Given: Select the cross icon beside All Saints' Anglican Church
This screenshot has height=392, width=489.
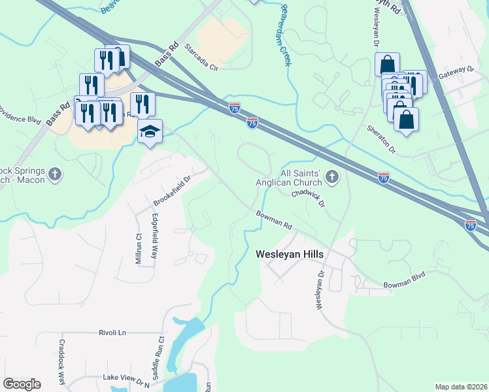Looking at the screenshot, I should click(333, 176).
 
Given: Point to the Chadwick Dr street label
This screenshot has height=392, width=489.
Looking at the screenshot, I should click(309, 197).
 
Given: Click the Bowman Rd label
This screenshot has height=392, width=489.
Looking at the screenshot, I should click(274, 219).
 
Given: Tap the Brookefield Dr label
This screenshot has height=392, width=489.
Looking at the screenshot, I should click(171, 188).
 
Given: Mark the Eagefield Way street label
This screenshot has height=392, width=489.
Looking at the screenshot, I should click(155, 235).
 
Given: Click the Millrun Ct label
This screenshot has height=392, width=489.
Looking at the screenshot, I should click(139, 248).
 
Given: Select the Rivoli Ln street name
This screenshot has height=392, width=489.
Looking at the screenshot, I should click(112, 333).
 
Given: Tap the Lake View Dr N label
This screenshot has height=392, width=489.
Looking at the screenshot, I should click(126, 378).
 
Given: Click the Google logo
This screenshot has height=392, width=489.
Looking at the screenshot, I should click(22, 384).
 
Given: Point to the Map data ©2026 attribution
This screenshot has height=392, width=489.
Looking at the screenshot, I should click(461, 387).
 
